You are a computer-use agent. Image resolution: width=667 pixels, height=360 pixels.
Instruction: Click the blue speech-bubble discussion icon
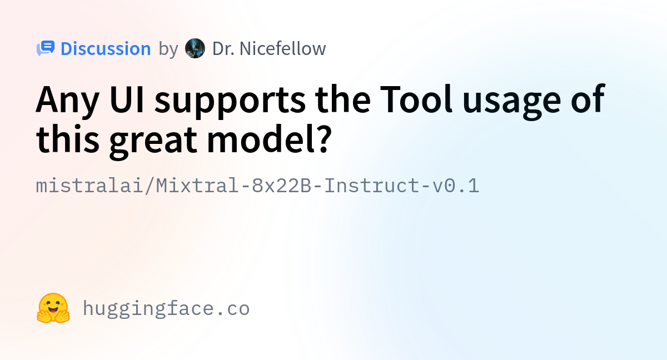(46, 48)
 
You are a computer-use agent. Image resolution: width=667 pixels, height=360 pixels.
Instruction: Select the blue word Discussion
(106, 48)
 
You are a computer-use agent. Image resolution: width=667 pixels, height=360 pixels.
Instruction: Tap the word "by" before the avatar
(168, 49)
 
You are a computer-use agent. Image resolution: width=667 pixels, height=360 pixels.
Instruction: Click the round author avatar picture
(195, 48)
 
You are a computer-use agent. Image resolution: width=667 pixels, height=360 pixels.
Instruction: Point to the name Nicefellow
(282, 48)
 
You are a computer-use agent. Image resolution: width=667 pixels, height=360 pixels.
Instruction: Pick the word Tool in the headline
(416, 99)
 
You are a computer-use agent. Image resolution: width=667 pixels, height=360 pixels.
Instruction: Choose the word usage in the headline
(511, 103)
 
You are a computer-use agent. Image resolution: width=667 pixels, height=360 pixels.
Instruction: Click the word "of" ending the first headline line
(588, 98)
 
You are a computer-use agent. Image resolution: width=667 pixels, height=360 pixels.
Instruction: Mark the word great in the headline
(153, 142)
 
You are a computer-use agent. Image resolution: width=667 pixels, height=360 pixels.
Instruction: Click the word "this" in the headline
(68, 138)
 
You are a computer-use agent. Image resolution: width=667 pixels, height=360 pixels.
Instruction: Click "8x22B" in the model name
(282, 186)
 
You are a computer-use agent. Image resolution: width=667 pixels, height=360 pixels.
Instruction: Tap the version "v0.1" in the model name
(456, 186)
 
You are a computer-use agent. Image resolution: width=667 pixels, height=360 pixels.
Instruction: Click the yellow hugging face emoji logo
(53, 308)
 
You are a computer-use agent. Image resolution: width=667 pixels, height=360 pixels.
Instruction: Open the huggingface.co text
(166, 309)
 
